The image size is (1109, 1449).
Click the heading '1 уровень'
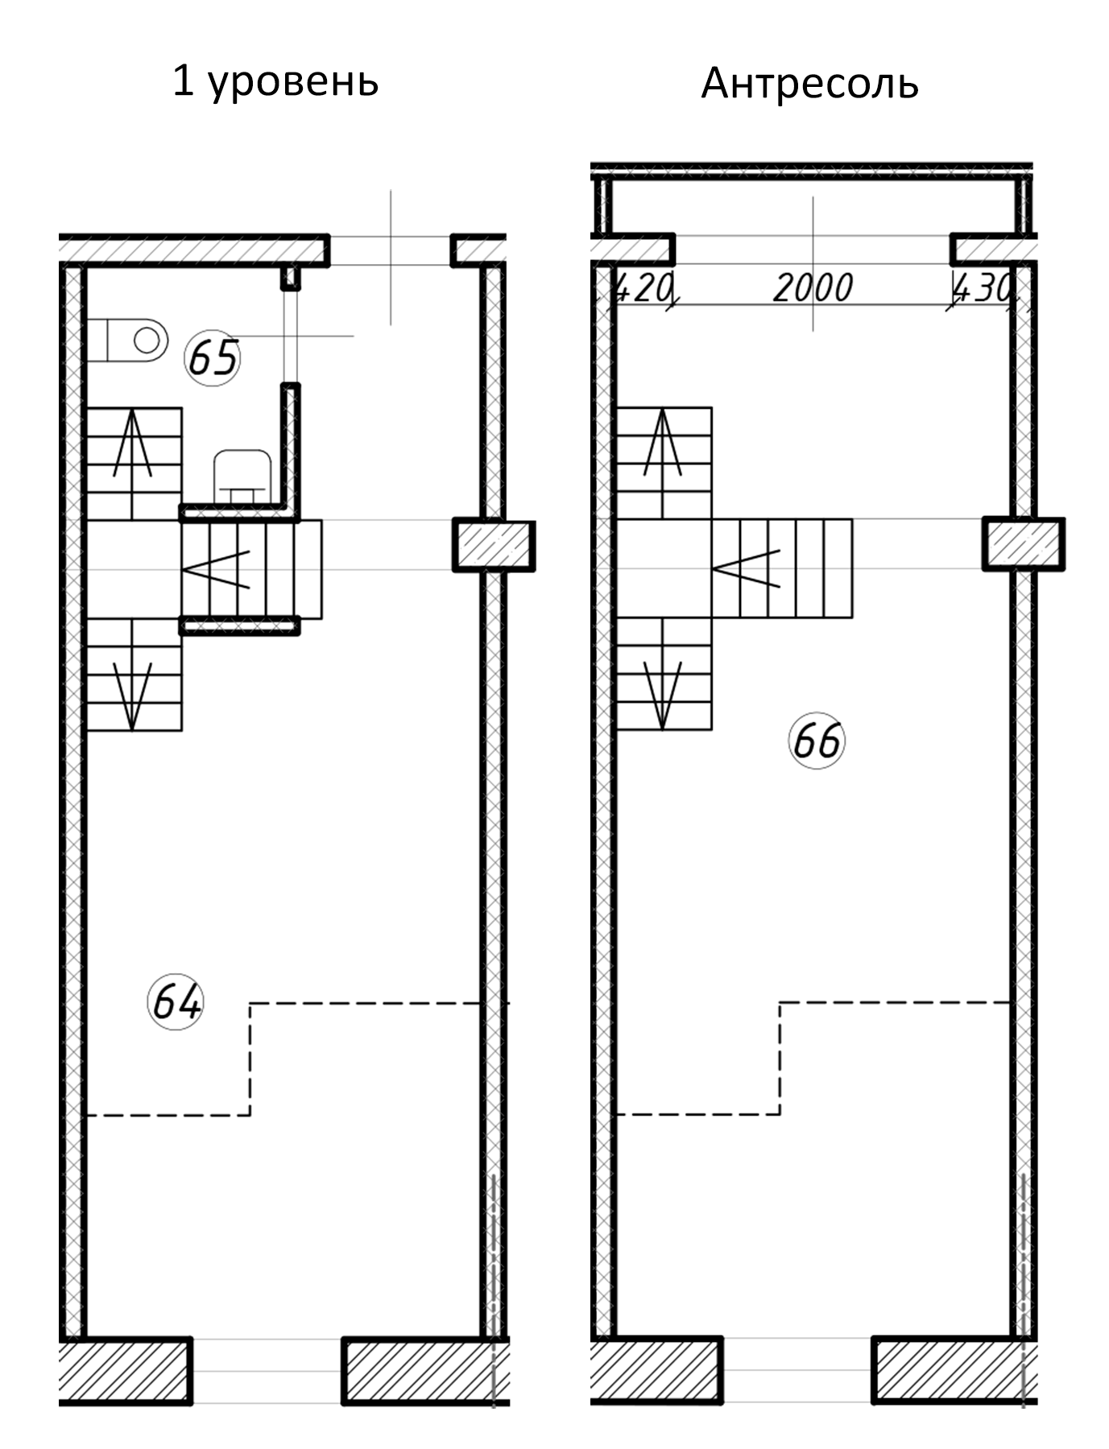[x=275, y=82]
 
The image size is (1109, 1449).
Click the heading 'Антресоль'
[x=809, y=84]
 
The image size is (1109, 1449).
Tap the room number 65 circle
[x=213, y=357]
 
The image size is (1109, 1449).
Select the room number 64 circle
[x=176, y=1003]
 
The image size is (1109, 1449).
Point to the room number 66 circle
[x=817, y=741]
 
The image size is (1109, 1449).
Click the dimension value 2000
[x=813, y=288]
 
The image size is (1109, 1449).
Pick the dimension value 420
[x=643, y=288]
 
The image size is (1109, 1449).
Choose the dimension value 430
[x=981, y=288]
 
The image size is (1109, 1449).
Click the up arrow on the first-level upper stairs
[x=133, y=442]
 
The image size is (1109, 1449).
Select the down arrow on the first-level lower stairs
[x=133, y=695]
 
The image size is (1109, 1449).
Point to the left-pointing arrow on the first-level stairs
[x=217, y=569]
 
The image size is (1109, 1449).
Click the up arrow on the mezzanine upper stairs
[x=663, y=442]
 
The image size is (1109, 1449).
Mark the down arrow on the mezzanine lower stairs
[x=663, y=695]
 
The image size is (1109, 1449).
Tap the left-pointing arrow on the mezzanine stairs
[x=747, y=569]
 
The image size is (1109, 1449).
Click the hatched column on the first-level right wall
[x=494, y=545]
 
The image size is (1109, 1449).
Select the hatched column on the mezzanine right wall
[x=1024, y=544]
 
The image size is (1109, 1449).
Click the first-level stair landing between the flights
[x=133, y=569]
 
